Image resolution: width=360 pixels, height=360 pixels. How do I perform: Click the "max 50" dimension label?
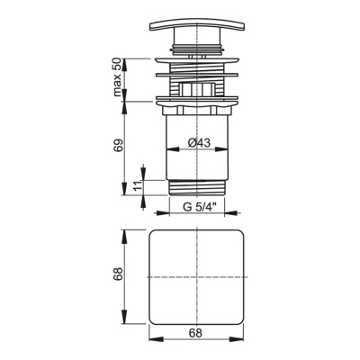click(117, 77)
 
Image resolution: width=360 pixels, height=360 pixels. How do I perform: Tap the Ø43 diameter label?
click(199, 142)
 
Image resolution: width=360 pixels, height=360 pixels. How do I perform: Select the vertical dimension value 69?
click(118, 146)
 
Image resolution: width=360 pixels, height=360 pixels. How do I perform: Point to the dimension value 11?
click(137, 186)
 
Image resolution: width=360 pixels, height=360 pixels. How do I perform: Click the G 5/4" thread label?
click(199, 207)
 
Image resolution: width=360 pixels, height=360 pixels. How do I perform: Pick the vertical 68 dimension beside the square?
click(119, 274)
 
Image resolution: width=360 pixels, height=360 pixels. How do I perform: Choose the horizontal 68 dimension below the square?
click(195, 333)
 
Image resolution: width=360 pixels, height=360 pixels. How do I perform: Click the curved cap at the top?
click(197, 25)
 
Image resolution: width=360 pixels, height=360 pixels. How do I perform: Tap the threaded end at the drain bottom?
click(197, 188)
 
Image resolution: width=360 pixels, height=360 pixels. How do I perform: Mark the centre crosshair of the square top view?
click(197, 276)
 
